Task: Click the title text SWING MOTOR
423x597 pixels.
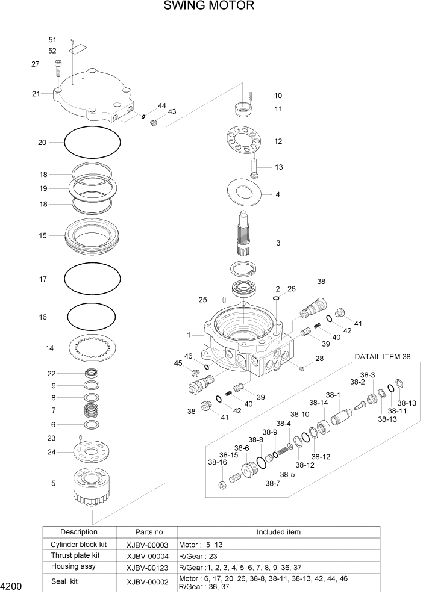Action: click(208, 7)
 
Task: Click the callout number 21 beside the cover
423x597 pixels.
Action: click(36, 94)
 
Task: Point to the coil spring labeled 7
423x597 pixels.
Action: click(91, 412)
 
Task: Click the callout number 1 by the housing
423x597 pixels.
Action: click(189, 335)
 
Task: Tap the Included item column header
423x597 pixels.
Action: click(278, 532)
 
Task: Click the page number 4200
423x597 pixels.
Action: click(12, 586)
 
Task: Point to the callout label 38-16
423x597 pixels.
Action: click(218, 463)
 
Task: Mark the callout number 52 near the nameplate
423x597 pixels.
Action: click(52, 51)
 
